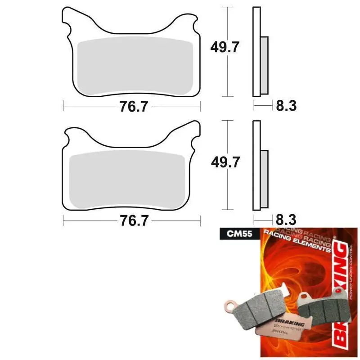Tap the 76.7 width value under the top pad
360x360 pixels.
131,106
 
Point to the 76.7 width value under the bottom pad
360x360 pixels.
131,221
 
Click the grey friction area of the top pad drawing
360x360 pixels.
135,67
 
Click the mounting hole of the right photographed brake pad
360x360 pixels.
305,297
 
